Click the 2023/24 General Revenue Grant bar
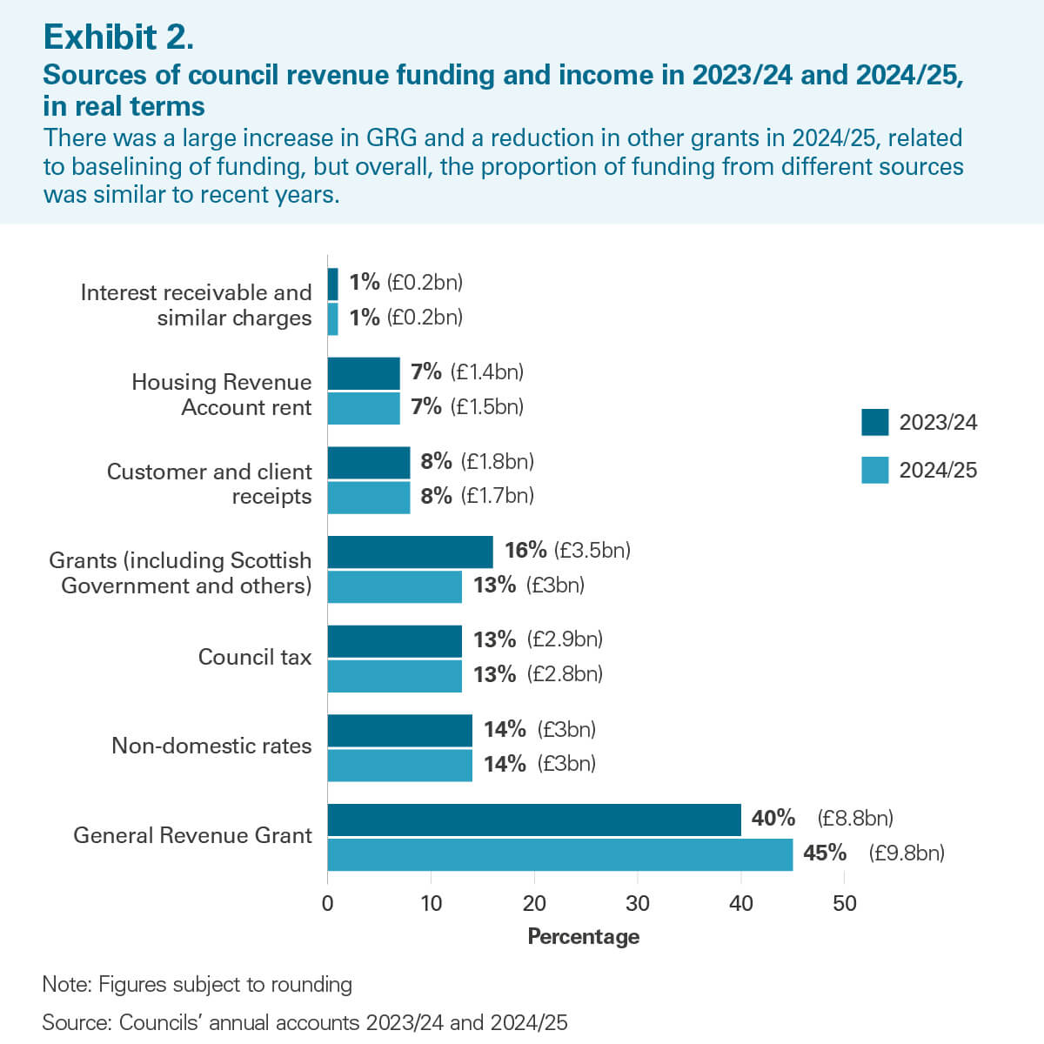(534, 820)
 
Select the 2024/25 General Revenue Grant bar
(560, 854)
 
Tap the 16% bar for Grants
(410, 552)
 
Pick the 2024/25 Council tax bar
(394, 676)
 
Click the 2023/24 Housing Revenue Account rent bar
(364, 373)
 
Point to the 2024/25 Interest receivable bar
(332, 318)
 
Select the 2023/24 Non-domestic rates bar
(399, 730)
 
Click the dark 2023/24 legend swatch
(874, 422)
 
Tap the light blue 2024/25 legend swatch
(874, 470)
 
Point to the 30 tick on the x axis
(638, 903)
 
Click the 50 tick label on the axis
(844, 903)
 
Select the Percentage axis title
(583, 936)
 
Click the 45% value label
(824, 853)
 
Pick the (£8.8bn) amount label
(855, 818)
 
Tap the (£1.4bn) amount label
(486, 372)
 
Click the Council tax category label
(254, 657)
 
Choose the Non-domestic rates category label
(211, 746)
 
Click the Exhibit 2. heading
(118, 37)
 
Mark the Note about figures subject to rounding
(197, 984)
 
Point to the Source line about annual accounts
(304, 1022)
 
